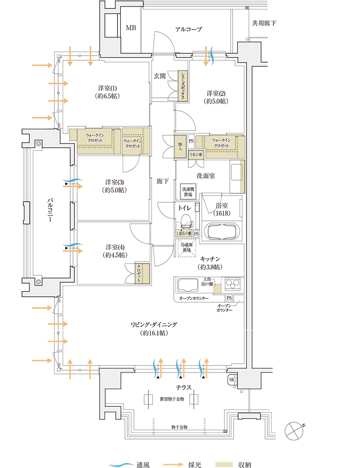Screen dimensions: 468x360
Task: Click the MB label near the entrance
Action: coord(131,28)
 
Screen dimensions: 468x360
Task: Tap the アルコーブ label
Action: coord(188,29)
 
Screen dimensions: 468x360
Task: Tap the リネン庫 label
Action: coord(195,154)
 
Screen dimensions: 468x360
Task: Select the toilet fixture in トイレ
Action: coord(186,220)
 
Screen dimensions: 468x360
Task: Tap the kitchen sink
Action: coord(187,285)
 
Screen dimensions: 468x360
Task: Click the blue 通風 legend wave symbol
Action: coord(121,465)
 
